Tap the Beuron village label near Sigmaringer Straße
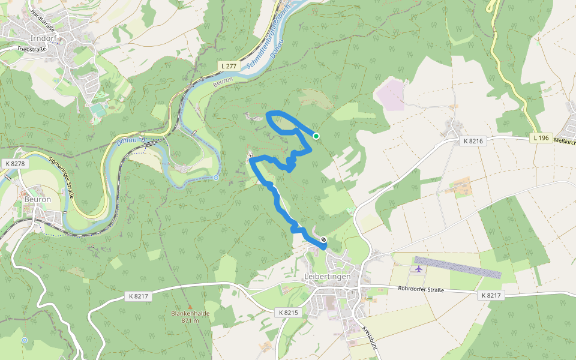click(x=37, y=199)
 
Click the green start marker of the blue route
click(x=316, y=136)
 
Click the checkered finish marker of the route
click(x=323, y=240)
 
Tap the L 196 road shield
click(x=540, y=138)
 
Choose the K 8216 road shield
click(x=473, y=141)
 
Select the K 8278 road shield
click(x=14, y=163)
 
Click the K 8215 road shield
click(x=289, y=313)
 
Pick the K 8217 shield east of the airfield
click(x=490, y=296)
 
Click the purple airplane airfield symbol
click(x=418, y=268)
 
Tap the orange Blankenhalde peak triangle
click(x=189, y=307)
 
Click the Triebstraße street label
click(x=31, y=49)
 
